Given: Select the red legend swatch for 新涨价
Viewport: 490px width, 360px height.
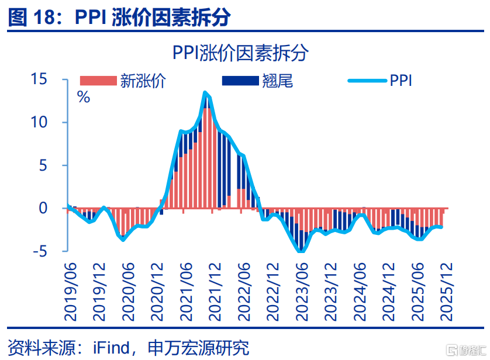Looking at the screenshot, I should [98, 81].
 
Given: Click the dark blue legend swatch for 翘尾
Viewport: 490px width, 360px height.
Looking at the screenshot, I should [240, 81].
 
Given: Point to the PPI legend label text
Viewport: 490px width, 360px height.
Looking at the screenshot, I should [401, 81].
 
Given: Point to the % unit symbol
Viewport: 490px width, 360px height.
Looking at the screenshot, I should [84, 97].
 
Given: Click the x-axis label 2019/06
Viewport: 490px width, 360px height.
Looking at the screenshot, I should [71, 290].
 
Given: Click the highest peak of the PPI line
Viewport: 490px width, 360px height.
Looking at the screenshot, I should [205, 92].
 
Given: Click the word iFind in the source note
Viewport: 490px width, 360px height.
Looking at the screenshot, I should [112, 348].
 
